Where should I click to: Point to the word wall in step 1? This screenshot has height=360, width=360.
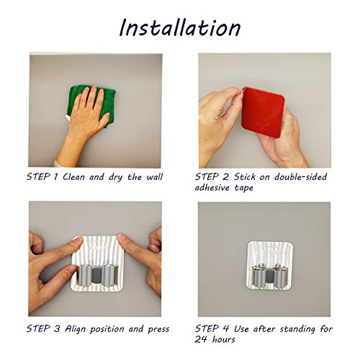click(150, 175)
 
